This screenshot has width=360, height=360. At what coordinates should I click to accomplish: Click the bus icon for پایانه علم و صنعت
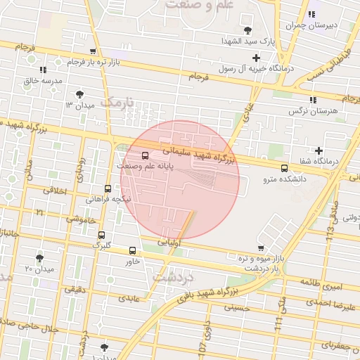point(145,155)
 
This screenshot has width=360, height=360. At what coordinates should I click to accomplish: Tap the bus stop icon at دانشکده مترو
point(284,168)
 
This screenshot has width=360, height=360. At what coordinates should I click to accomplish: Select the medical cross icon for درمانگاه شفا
point(319,150)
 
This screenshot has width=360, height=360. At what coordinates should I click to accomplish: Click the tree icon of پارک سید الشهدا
point(247,30)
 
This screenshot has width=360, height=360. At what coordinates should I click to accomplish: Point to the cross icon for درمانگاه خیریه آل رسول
point(256,58)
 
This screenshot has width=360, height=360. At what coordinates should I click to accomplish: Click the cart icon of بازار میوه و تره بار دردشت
point(261,248)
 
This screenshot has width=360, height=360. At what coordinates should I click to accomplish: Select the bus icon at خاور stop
point(132,250)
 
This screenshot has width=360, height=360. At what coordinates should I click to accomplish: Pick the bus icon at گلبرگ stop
point(102,235)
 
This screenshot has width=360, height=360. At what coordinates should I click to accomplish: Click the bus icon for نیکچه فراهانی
point(108,188)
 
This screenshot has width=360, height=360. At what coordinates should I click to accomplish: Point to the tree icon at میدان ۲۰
point(39,258)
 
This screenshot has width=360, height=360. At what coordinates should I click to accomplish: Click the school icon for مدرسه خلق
point(43,70)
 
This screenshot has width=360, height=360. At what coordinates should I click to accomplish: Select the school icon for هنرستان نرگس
point(313,100)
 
